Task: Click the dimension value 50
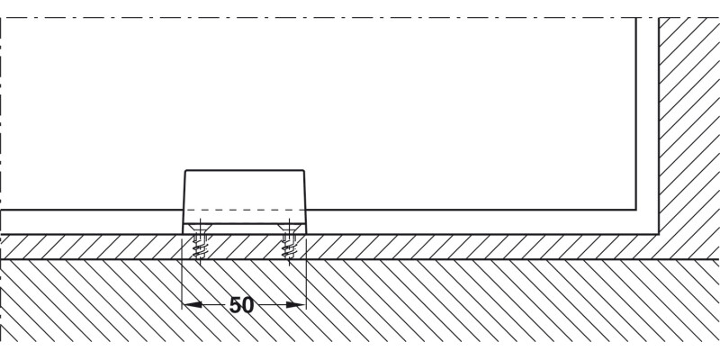241,305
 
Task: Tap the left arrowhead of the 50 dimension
192,304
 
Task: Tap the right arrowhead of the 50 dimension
296,304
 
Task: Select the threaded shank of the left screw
199,248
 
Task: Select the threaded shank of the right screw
289,248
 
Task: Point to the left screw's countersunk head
199,228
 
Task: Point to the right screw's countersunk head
289,228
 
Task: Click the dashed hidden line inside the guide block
244,211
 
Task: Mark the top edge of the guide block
244,170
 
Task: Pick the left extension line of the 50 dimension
183,272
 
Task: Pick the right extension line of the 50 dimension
306,272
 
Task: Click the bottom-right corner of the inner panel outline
636,210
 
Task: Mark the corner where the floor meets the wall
659,234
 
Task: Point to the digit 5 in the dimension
235,305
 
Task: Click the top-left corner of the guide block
185,171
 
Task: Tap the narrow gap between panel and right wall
647,115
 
